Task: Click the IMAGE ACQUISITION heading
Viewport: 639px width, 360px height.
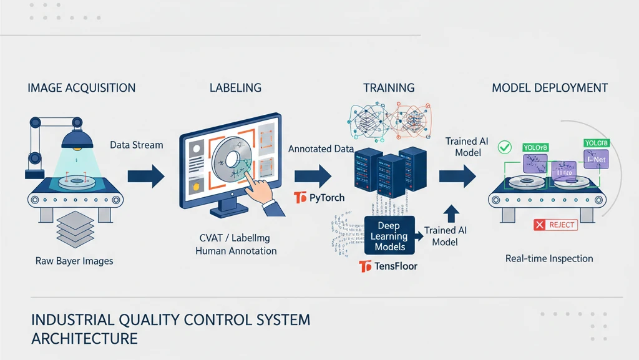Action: pos(82,88)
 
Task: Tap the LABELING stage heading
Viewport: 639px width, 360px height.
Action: pos(236,88)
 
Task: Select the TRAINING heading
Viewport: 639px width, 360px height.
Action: pos(389,88)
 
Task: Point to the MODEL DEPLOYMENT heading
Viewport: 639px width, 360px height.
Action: pos(550,88)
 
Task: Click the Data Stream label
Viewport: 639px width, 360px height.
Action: pos(137,145)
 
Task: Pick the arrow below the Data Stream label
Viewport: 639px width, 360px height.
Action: pos(145,176)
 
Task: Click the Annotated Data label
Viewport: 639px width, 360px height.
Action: pos(321,150)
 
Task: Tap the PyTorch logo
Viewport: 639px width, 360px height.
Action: pos(319,198)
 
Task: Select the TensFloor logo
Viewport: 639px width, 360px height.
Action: pos(389,267)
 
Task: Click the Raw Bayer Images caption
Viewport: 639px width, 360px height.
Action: pos(75,261)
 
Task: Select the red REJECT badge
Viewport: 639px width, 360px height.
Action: pos(556,225)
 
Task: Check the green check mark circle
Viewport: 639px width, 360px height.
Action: pos(504,147)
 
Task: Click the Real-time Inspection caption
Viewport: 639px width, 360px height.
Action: pos(549,258)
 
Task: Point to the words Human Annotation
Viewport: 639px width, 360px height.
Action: pos(236,251)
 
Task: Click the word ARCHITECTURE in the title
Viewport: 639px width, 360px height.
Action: pos(84,339)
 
